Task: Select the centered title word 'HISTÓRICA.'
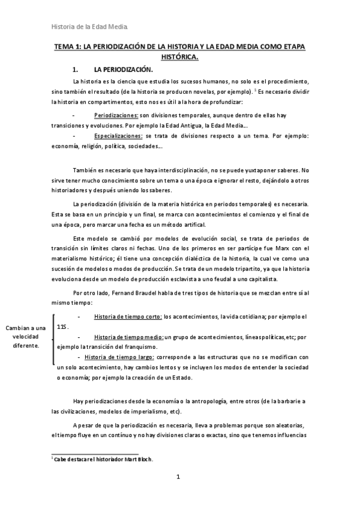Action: [x=180, y=57]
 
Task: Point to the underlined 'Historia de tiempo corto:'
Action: [x=128, y=316]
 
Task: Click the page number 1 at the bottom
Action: [x=178, y=477]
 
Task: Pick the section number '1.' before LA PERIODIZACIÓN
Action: [x=76, y=70]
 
